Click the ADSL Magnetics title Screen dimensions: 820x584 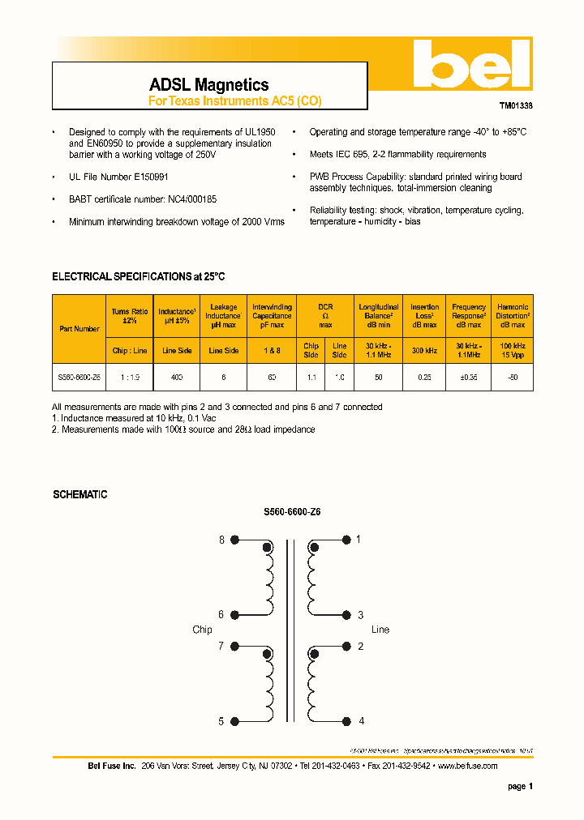point(208,84)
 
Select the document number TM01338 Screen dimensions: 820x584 point(516,105)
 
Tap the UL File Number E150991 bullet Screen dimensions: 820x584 point(118,176)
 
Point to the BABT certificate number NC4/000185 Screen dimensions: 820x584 point(142,199)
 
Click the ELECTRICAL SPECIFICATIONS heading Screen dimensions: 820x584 point(138,276)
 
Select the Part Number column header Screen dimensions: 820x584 point(79,329)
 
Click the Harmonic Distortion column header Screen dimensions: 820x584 point(512,315)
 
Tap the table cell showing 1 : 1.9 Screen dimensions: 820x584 point(129,378)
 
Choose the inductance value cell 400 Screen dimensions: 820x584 point(177,378)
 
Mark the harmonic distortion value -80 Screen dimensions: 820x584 point(512,378)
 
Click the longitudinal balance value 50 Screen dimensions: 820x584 point(378,378)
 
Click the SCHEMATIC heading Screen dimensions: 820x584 point(79,494)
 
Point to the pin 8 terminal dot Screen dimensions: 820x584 point(235,540)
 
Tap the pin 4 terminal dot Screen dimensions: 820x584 point(347,721)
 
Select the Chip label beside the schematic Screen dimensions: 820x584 point(202,630)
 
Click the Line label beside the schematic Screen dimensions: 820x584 point(380,630)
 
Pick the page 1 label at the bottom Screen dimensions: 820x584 point(520,786)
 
